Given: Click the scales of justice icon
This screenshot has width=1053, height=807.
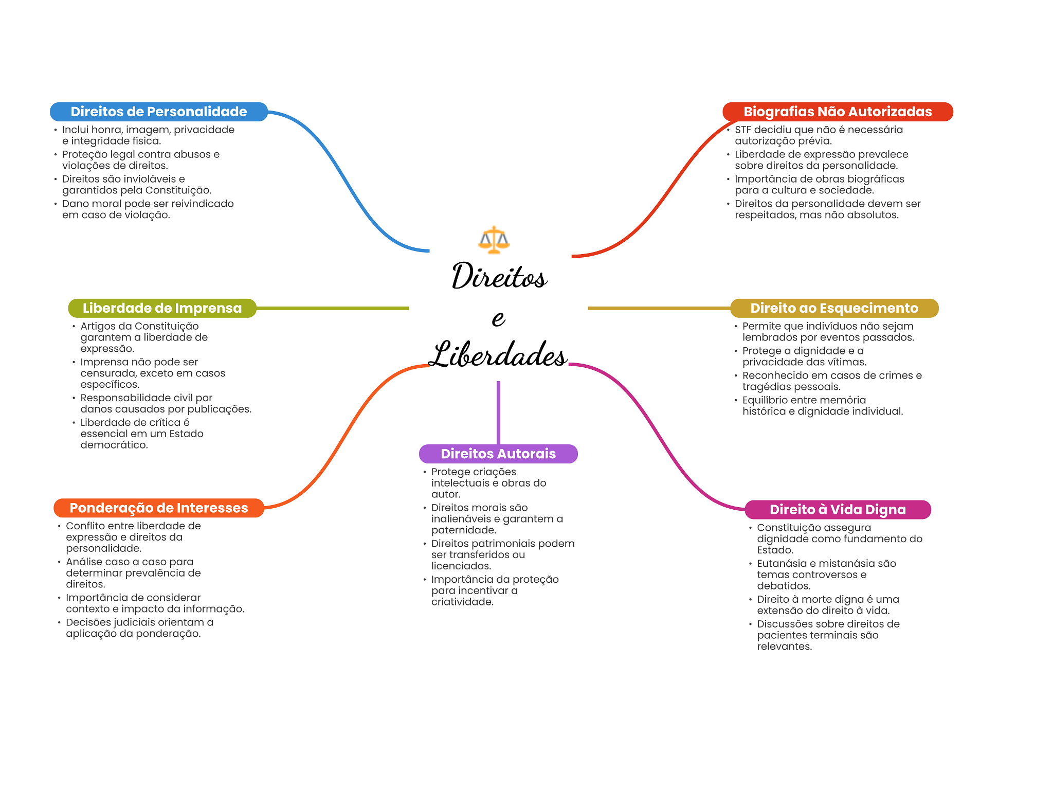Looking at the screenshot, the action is tap(494, 240).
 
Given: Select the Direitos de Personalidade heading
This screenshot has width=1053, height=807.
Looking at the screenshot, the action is tap(158, 112).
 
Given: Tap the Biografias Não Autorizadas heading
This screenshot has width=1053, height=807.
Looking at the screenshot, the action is tap(837, 112).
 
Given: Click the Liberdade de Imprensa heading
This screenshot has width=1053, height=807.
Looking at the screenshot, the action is tap(162, 308).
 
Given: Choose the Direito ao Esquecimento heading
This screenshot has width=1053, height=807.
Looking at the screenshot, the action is tap(834, 308).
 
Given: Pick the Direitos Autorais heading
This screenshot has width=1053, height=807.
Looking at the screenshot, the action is tap(498, 454).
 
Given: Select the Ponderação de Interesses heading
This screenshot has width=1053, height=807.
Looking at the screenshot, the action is tap(158, 508).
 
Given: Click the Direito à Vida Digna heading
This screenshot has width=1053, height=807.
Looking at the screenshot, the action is tap(837, 509).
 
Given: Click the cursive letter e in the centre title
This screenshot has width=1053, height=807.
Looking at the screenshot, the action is tap(498, 318).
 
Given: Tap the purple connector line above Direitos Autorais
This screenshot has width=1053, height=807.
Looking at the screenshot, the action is tap(498, 411).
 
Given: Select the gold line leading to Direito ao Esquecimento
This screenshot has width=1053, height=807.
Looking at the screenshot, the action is tap(658, 308).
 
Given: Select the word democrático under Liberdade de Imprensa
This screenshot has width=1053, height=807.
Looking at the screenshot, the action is tap(114, 445).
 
